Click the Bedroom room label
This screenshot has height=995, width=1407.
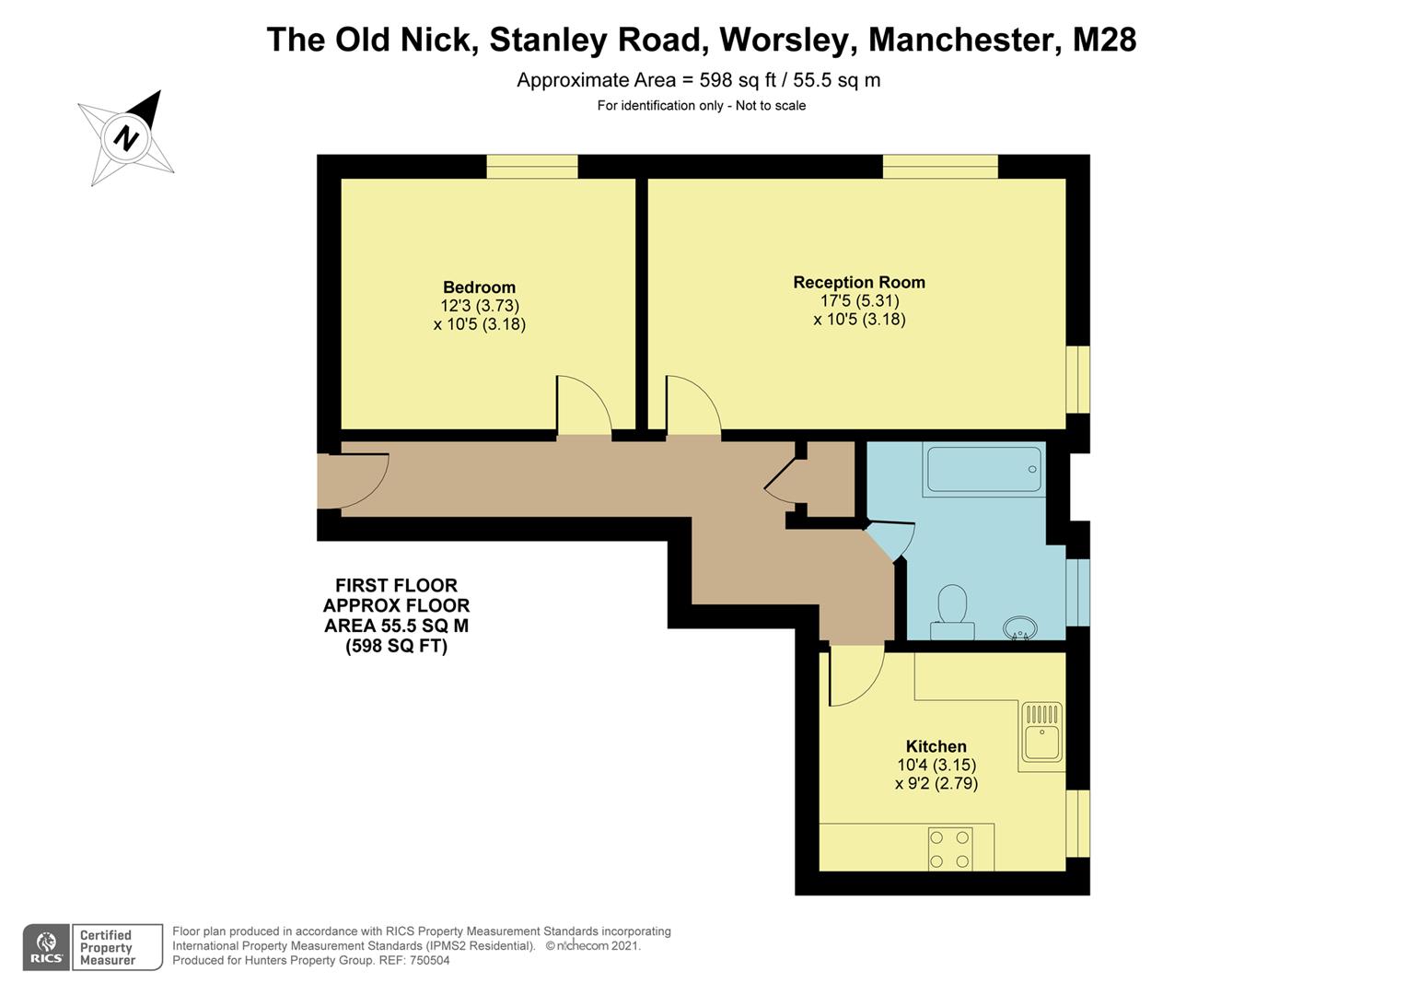479,287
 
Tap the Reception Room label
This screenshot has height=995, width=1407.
858,283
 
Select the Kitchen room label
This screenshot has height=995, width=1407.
936,746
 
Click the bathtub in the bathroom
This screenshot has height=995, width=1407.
983,469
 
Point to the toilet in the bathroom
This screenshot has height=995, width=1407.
952,611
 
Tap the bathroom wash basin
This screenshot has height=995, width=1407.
1020,628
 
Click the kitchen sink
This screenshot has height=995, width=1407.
1041,734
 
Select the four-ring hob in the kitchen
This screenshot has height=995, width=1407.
950,849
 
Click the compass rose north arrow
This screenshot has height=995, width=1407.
127,138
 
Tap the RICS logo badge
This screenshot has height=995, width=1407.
46,947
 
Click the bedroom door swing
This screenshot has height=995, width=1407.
581,405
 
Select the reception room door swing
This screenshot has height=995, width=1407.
691,405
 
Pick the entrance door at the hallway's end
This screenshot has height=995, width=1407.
355,480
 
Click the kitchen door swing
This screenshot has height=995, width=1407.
854,676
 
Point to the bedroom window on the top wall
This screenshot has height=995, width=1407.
532,167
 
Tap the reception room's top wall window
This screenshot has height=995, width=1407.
939,167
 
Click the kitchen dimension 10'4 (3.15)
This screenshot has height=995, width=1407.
936,765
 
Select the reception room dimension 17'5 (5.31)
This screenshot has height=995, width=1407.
858,301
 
